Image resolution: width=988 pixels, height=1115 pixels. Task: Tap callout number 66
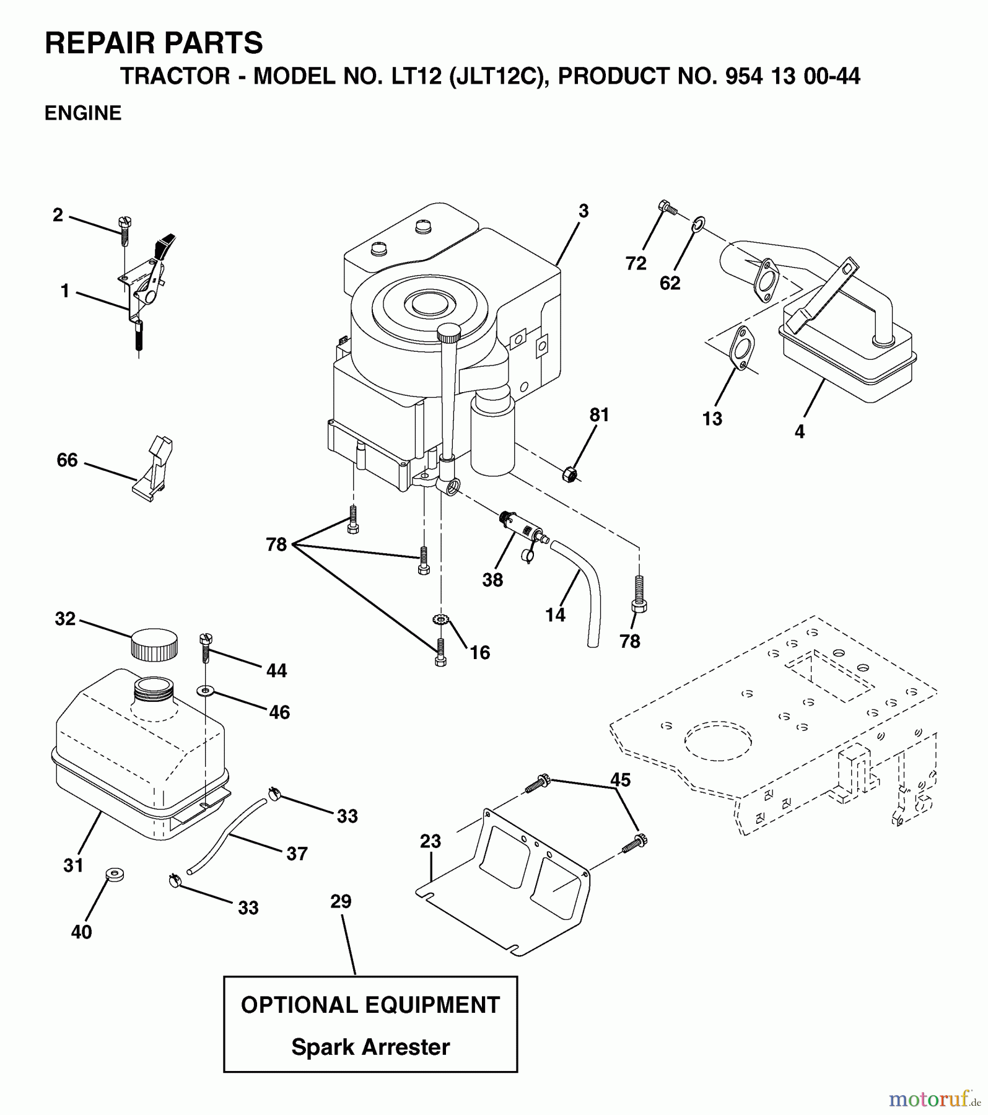67,460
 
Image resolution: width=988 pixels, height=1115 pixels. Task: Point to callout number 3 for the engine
583,211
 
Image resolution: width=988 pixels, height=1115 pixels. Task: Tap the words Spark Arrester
370,1047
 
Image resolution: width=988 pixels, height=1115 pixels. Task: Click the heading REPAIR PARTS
154,43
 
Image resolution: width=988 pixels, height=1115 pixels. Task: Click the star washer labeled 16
440,619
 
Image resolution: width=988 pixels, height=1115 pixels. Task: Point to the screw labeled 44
206,647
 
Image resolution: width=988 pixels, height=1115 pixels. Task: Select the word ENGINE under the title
83,113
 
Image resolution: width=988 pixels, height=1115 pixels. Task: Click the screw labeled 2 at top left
125,230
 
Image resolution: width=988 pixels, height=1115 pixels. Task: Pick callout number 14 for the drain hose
555,614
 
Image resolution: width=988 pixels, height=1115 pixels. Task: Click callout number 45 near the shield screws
620,779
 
